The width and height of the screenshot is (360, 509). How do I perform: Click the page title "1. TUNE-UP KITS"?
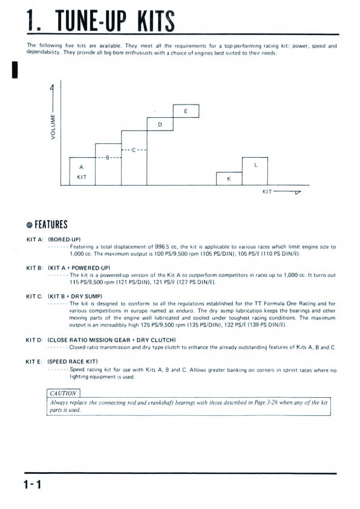[100, 21]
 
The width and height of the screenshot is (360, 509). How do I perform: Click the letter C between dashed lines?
[134, 150]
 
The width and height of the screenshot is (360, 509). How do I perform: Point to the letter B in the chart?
[108, 157]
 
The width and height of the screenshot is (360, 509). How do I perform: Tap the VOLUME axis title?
[53, 126]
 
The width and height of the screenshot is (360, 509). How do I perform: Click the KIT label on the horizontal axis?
[267, 192]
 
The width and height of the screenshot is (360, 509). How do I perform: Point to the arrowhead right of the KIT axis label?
[298, 192]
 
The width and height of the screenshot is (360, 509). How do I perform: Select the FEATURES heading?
[51, 225]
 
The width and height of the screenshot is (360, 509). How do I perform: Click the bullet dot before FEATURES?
[30, 225]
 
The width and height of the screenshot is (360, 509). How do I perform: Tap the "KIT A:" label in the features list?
[34, 239]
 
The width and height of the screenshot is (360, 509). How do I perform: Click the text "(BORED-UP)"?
[64, 239]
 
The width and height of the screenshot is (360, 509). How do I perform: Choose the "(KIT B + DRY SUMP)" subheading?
[75, 296]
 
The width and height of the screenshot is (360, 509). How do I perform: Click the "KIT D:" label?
[34, 340]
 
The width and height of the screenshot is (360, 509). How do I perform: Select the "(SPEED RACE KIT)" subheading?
[73, 361]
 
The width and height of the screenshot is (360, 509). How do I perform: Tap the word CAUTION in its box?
[63, 393]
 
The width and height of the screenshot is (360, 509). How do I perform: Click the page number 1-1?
[33, 485]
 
